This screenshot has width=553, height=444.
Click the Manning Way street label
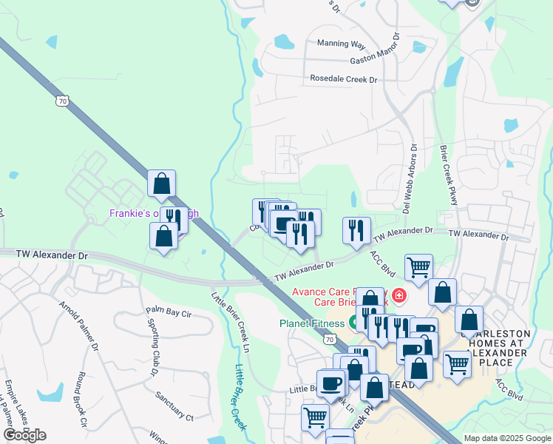pos(342,44)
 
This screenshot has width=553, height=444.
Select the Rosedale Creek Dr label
pos(344,78)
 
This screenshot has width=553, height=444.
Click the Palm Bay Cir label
pos(169,313)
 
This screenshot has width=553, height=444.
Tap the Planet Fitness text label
pos(311,323)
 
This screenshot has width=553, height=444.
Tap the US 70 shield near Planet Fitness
pos(330,338)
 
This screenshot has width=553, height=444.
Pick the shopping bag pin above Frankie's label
pos(161,183)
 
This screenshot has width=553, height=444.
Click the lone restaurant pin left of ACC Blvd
pos(357,230)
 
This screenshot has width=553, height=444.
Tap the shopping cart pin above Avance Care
pos(418,267)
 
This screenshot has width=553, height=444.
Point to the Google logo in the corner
pos(25,435)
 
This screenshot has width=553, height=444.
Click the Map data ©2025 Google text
pos(507,438)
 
